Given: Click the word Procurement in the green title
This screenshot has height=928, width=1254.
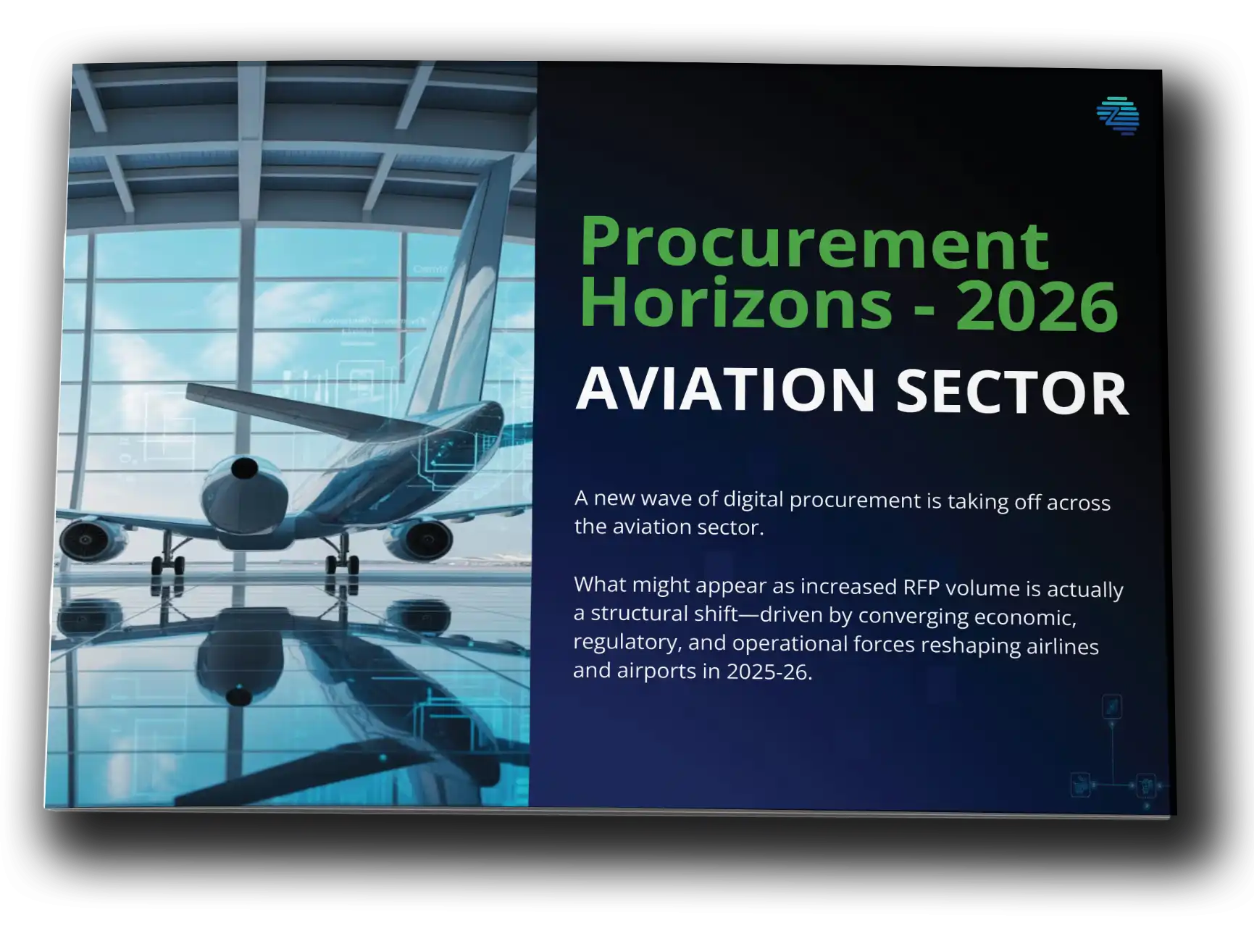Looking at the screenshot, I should click(814, 244).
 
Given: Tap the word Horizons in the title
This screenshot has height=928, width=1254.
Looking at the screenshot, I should click(736, 304).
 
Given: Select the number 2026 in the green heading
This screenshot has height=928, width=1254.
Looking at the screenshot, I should click(1037, 306).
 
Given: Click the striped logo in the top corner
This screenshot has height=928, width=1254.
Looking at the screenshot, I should click(1118, 116).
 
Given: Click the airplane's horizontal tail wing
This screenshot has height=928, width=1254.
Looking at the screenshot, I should click(290, 409).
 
